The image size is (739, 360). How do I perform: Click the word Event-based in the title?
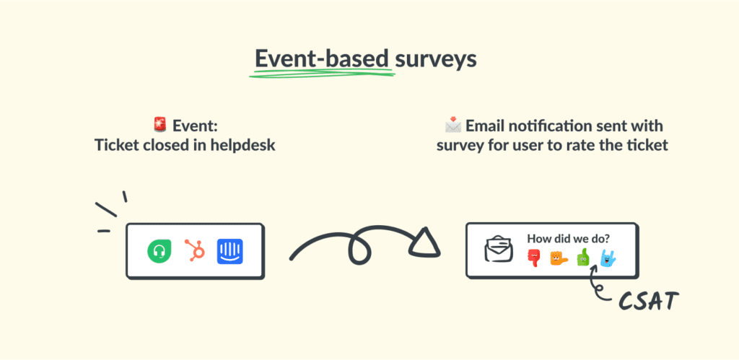(x=323, y=58)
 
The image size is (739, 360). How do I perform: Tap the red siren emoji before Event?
(x=160, y=126)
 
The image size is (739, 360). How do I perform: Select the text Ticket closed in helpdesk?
(x=185, y=145)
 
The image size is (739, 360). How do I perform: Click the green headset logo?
(x=158, y=251)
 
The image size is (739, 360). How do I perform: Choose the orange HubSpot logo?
(x=194, y=250)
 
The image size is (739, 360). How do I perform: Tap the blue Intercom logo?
(x=229, y=250)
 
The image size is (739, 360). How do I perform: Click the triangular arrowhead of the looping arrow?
(x=425, y=246)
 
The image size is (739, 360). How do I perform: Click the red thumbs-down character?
(x=533, y=258)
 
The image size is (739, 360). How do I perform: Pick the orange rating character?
(x=558, y=258)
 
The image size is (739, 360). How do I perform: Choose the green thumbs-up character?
(x=582, y=258)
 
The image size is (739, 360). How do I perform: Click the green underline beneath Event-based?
(x=323, y=73)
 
